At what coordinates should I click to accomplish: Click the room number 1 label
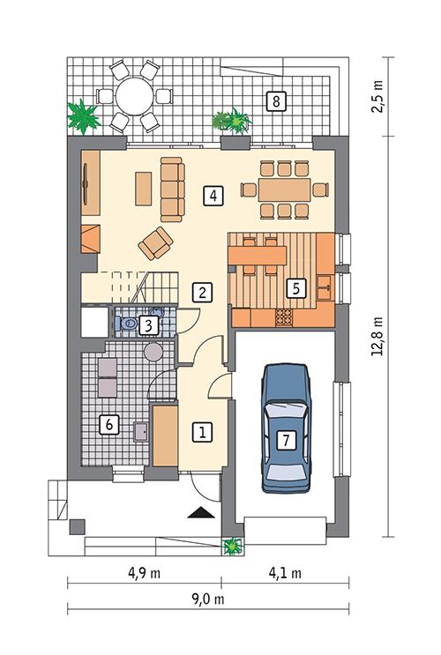(x=204, y=432)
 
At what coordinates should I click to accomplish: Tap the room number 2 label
(x=203, y=292)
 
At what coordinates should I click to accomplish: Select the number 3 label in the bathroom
(x=149, y=326)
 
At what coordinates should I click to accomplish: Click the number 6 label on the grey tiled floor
(x=109, y=424)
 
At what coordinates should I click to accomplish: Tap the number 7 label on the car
(x=285, y=438)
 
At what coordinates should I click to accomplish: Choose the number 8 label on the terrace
(x=276, y=101)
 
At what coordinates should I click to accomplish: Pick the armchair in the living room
(x=157, y=241)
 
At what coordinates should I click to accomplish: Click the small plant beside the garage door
(x=232, y=546)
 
